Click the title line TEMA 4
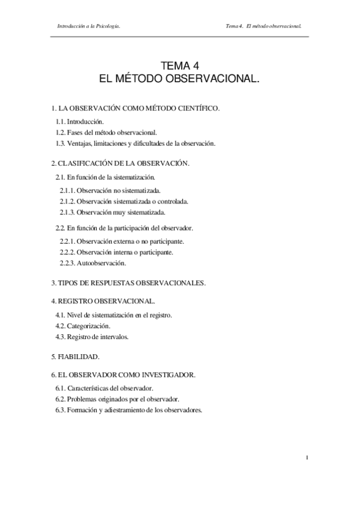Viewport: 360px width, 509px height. (179, 67)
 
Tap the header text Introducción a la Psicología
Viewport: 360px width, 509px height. (91, 26)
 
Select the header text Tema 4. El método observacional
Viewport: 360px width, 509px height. (263, 26)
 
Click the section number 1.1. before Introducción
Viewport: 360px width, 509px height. (61, 121)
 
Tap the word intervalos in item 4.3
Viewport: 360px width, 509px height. (115, 337)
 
